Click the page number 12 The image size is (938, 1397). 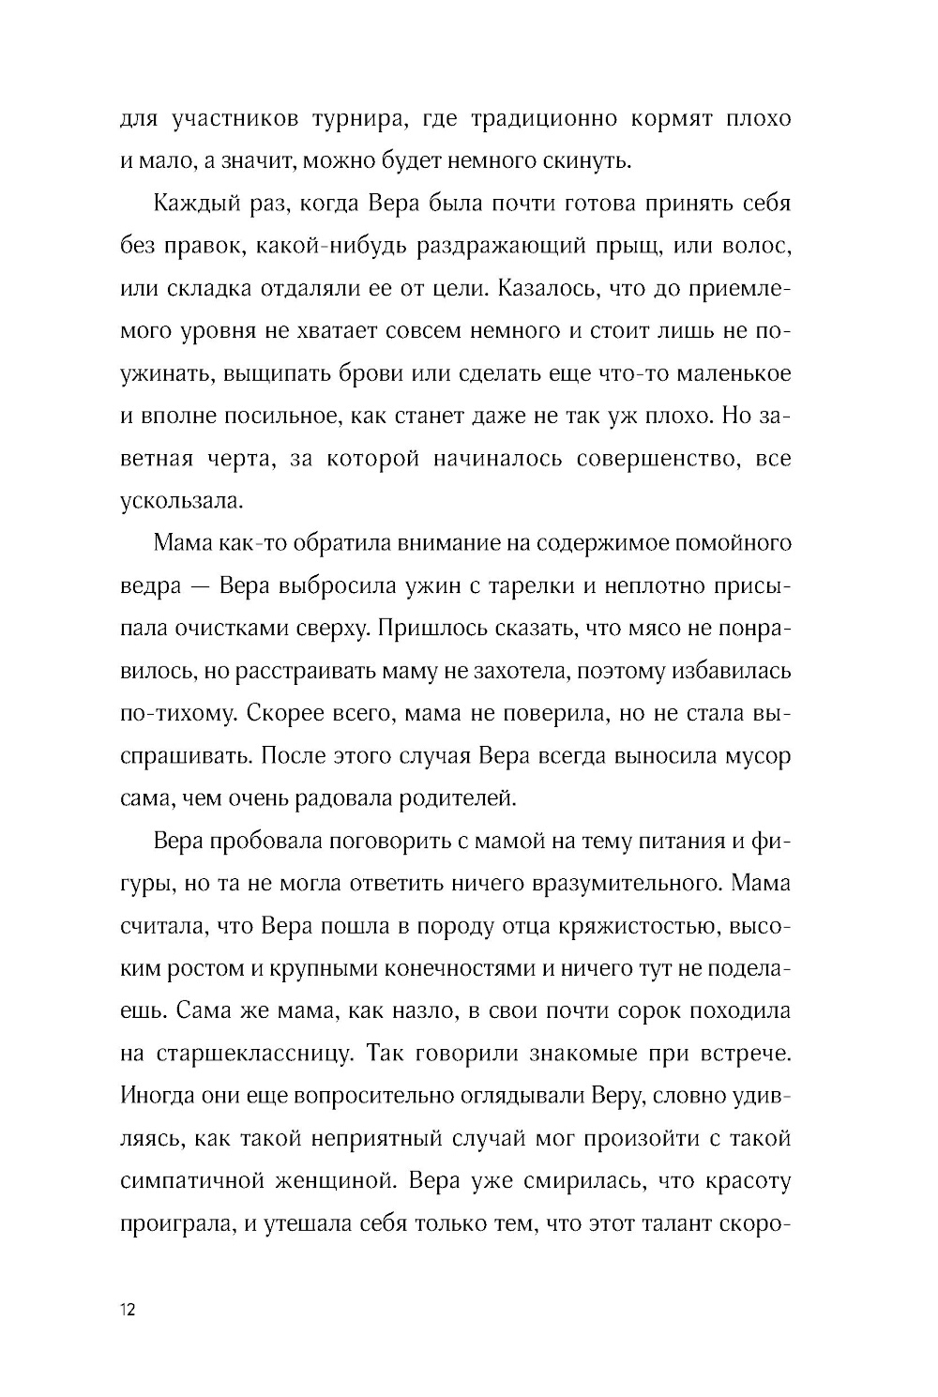coord(129,1311)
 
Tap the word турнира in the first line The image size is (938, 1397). coord(358,119)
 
